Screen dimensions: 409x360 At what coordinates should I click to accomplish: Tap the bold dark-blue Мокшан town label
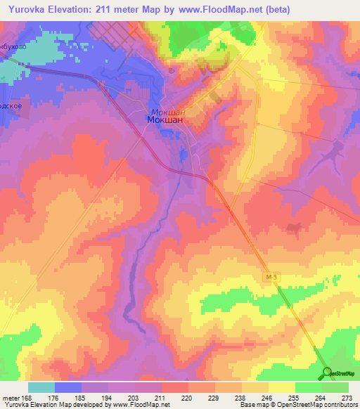tap(165, 120)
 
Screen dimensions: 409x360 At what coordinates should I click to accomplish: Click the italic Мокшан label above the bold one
tap(167, 111)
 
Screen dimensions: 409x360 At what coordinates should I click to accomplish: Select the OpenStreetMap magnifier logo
tap(328, 372)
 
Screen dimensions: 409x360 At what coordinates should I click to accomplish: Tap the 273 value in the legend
tap(347, 398)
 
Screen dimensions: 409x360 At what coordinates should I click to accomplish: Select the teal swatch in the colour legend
tap(41, 387)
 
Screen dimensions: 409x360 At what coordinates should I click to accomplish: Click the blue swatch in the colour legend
tap(68, 387)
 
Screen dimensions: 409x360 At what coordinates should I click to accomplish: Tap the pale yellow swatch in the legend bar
tap(282, 387)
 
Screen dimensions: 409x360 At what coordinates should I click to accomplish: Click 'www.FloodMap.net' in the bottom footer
tap(141, 405)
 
